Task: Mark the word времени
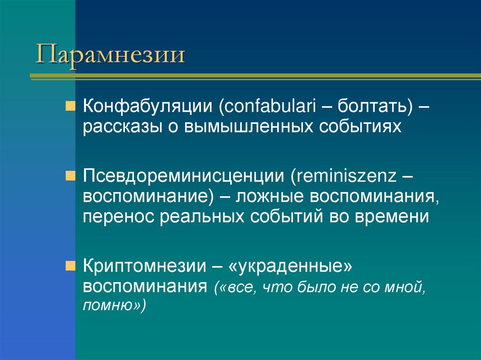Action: [399, 217]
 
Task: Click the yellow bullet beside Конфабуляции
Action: [69, 103]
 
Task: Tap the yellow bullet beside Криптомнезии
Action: [69, 264]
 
